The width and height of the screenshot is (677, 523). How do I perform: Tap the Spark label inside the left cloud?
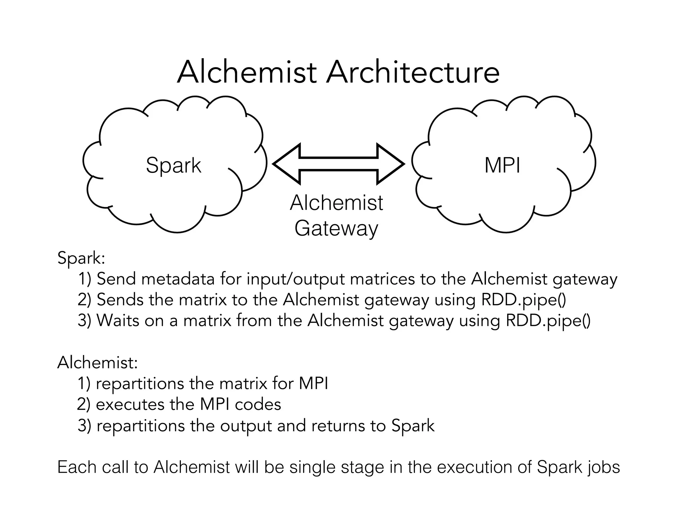(173, 165)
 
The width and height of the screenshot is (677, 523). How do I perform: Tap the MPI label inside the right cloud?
(502, 165)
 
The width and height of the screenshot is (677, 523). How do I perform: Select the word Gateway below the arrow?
(336, 228)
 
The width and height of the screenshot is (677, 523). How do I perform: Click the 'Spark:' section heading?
(81, 258)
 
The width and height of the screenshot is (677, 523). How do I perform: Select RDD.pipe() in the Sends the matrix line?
(524, 300)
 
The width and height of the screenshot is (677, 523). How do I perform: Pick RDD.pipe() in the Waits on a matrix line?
(548, 321)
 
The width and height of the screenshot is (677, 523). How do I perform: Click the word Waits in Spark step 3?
(118, 321)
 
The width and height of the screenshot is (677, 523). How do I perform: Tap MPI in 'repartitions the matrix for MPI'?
(313, 384)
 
